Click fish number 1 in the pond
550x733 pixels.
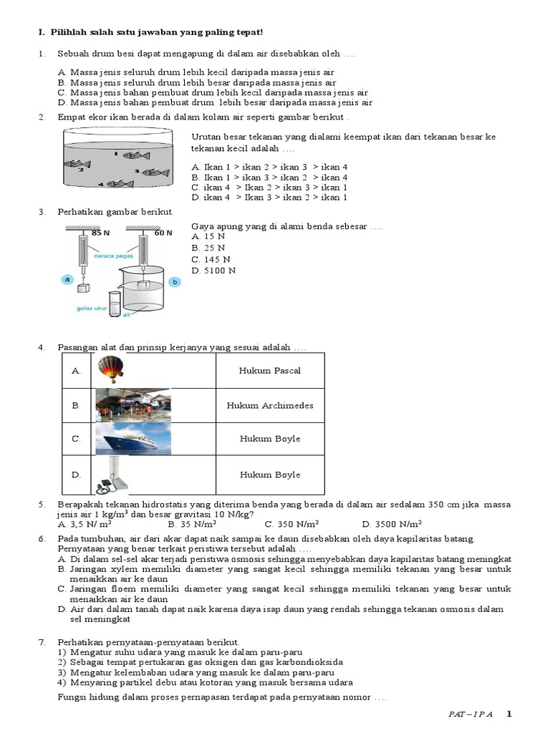coord(135,155)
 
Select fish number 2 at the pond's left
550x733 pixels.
coord(77,164)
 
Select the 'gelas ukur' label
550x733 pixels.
coord(91,309)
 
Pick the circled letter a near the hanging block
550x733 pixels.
coord(67,280)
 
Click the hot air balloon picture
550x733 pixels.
coord(111,371)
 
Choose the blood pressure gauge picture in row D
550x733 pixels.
coord(115,475)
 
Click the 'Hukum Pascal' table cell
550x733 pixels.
coord(270,371)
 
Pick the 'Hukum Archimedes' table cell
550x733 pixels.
coord(270,405)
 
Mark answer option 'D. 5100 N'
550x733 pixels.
coord(213,271)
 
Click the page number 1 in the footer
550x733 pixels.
coord(509,714)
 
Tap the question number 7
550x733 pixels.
coord(42,643)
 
